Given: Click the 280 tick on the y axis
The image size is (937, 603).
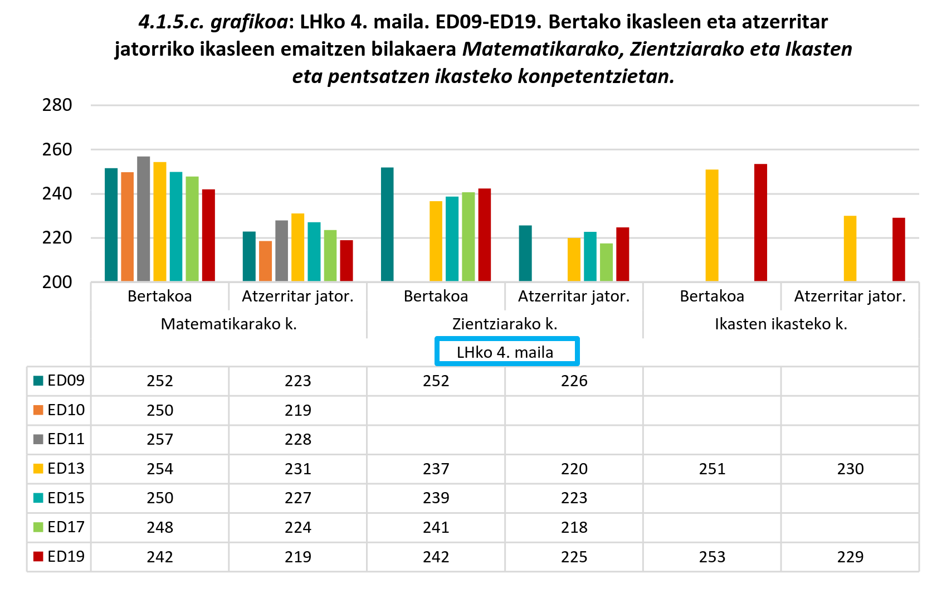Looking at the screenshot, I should point(57,105).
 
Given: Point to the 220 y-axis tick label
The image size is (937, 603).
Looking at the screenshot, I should point(57,238).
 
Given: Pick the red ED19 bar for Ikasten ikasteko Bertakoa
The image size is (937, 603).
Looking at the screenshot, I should point(760,222).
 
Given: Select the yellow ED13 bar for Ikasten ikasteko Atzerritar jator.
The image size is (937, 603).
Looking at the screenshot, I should point(850,249).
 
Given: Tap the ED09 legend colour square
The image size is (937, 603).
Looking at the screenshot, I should point(38,381).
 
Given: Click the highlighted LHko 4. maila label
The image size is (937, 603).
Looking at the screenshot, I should point(505,352).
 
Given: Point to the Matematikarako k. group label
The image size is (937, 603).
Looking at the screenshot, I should point(228,324).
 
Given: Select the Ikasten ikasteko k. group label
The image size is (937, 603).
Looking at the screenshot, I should point(781,324).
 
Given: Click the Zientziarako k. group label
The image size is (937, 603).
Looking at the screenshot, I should point(505,324).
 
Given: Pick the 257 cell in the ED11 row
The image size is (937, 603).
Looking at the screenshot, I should point(160,440).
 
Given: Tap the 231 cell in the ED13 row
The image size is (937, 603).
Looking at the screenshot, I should point(298,469).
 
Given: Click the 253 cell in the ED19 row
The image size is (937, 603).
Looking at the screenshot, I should point(712,557).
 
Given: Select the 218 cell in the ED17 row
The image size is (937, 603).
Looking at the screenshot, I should point(574,527).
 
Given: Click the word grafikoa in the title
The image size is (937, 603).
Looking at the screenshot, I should point(250,22).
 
